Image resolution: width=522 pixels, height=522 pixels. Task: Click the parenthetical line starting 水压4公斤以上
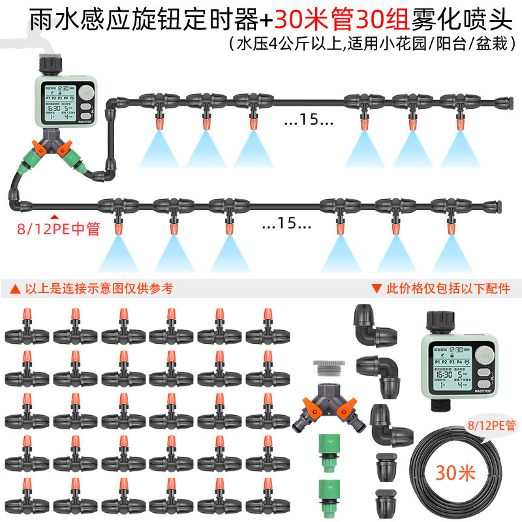(372, 44)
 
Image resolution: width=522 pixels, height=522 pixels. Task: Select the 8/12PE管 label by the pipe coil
(491, 425)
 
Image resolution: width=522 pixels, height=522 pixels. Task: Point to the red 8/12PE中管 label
(59, 229)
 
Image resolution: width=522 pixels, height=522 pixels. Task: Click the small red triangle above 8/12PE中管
(55, 217)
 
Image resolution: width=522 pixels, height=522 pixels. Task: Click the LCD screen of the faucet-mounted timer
(58, 102)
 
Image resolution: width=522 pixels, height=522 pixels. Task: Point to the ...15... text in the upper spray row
(308, 120)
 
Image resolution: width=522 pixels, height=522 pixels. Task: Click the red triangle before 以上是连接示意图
(15, 288)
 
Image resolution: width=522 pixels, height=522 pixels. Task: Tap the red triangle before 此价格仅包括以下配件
(376, 288)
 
